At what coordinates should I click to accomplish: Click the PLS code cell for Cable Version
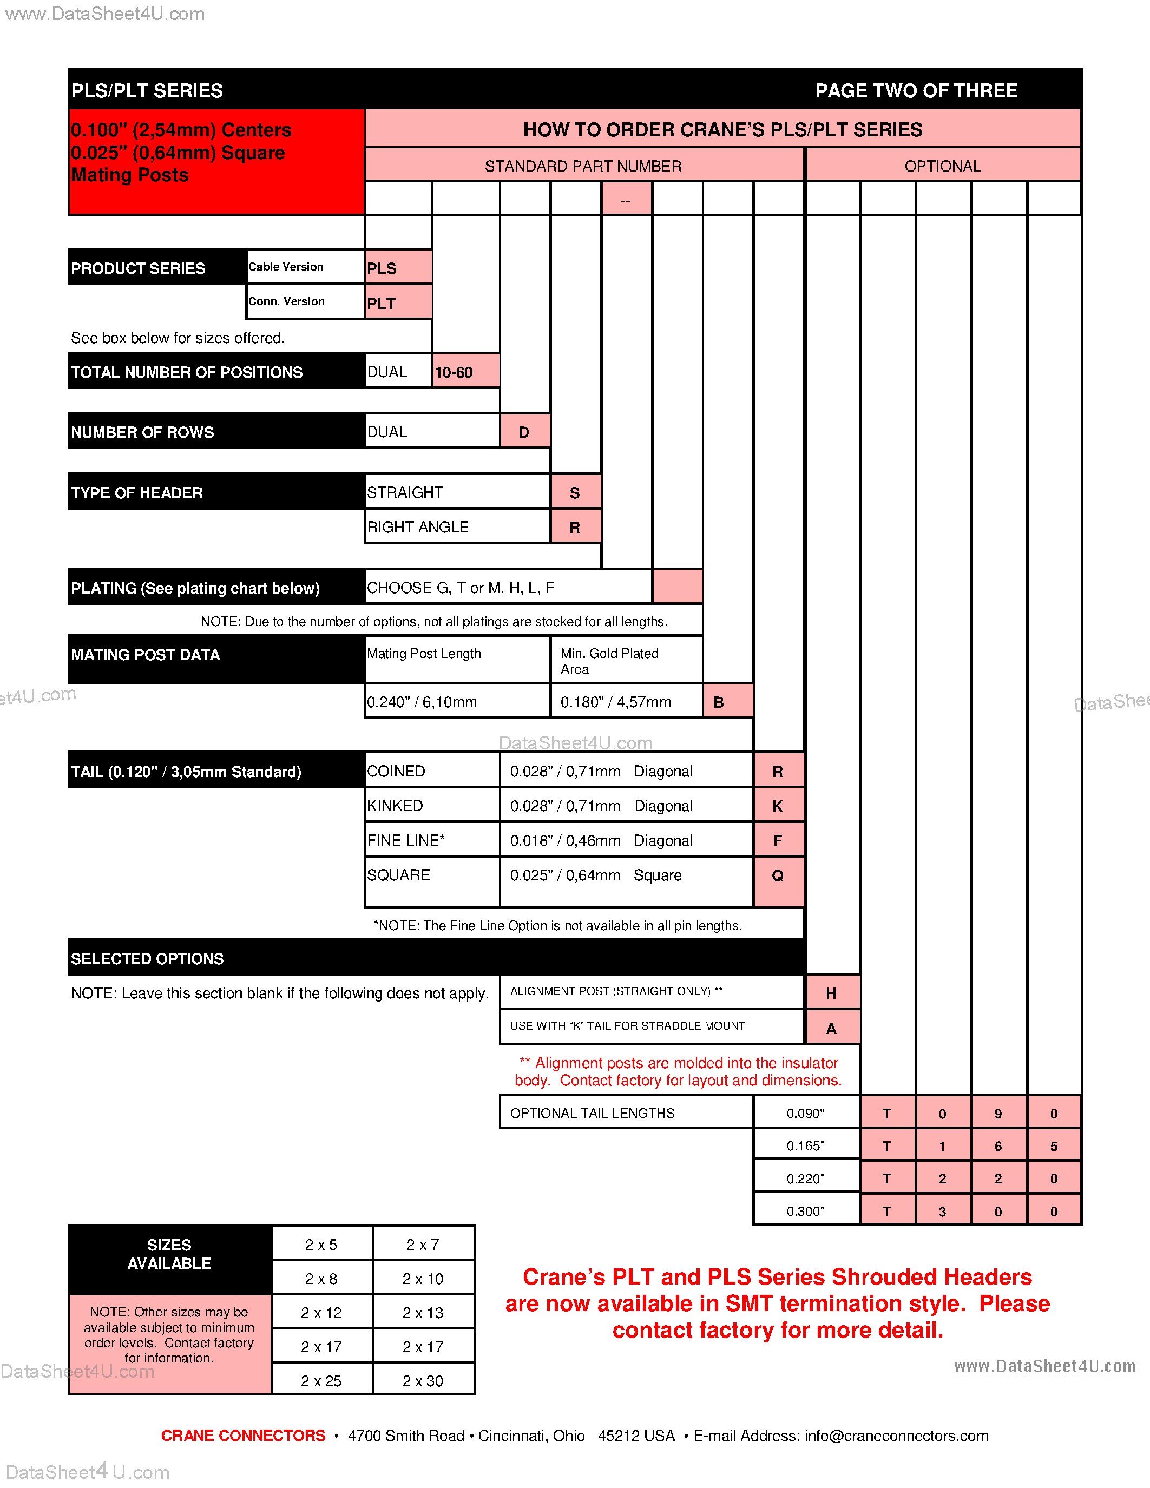pyautogui.click(x=398, y=268)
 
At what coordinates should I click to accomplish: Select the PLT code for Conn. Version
pyautogui.click(x=398, y=302)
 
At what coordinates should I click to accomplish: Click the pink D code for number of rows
pyautogui.click(x=524, y=432)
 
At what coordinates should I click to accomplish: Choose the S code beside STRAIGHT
pyautogui.click(x=575, y=492)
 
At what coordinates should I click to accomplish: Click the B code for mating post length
pyautogui.click(x=727, y=702)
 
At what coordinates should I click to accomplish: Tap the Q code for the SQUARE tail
pyautogui.click(x=778, y=875)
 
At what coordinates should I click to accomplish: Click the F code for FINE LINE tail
pyautogui.click(x=778, y=841)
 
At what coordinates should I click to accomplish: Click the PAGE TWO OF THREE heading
pyautogui.click(x=916, y=90)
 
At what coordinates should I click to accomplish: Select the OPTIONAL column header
pyautogui.click(x=943, y=166)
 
